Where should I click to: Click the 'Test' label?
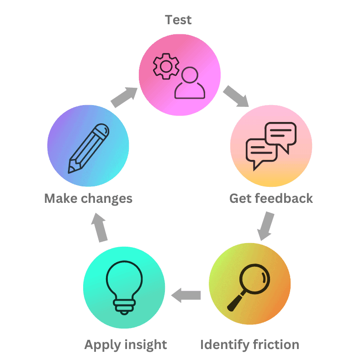point(178,20)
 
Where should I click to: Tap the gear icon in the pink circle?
point(166,67)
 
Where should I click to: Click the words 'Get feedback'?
point(271,198)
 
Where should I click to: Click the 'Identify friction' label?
point(249,344)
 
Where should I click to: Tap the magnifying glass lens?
point(256,278)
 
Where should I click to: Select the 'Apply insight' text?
point(126,344)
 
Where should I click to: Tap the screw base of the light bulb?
point(124,306)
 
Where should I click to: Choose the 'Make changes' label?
point(88,198)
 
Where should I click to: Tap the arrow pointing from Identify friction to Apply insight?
point(186,296)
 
